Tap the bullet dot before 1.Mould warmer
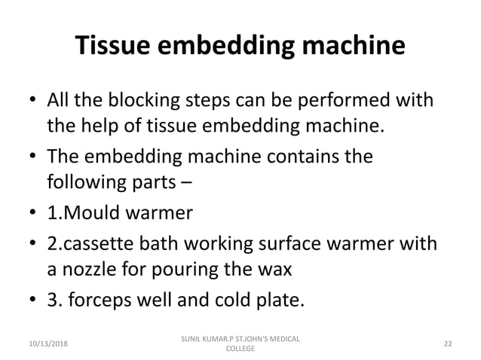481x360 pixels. click(x=31, y=214)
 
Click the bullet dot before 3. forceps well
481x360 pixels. click(x=31, y=303)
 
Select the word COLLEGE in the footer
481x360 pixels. click(x=240, y=349)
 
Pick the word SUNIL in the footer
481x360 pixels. click(x=185, y=337)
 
